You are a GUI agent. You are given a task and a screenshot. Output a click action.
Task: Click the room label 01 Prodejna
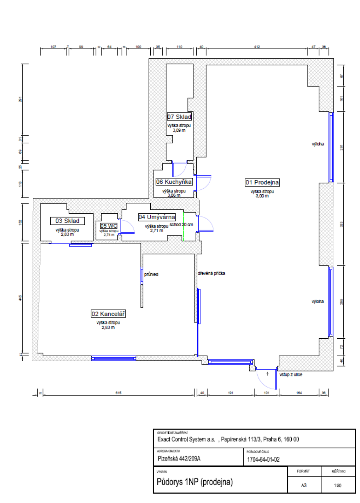(262, 182)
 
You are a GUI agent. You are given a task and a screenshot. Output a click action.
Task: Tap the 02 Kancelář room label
(108, 314)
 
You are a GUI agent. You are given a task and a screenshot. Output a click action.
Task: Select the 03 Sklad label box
(68, 221)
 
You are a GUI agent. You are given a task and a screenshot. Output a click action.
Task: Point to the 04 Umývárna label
(157, 217)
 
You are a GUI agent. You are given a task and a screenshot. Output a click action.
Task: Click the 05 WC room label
(109, 226)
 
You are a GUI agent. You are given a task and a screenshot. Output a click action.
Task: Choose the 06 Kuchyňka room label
(174, 182)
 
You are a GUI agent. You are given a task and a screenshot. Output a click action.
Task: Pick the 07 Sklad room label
(179, 117)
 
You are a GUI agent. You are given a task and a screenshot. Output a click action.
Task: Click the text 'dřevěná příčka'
(211, 273)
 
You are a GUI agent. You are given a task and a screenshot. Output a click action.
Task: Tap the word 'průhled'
(151, 274)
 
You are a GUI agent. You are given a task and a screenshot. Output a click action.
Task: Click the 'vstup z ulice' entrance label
(291, 375)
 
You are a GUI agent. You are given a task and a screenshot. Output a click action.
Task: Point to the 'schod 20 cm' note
(181, 225)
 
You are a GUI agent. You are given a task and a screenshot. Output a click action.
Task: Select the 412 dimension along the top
(257, 47)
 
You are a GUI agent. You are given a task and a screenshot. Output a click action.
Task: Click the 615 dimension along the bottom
(118, 393)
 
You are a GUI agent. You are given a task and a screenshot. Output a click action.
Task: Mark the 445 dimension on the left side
(21, 298)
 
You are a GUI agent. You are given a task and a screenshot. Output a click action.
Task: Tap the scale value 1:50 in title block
(338, 485)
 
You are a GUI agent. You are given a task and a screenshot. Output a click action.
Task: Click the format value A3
(304, 485)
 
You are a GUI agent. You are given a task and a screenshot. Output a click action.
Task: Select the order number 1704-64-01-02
(263, 459)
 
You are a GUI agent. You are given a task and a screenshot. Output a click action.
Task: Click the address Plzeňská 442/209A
(179, 459)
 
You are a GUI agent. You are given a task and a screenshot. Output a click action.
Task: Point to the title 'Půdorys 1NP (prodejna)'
(195, 482)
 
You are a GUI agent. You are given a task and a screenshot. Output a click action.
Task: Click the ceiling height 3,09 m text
(179, 130)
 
